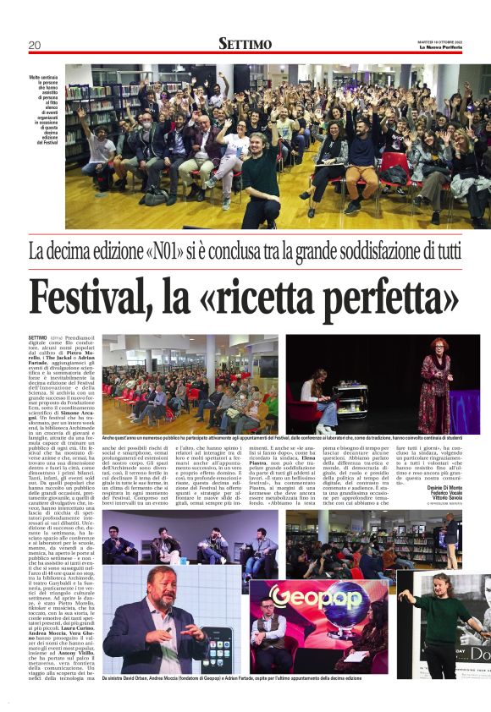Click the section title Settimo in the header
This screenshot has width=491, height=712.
(245, 43)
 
